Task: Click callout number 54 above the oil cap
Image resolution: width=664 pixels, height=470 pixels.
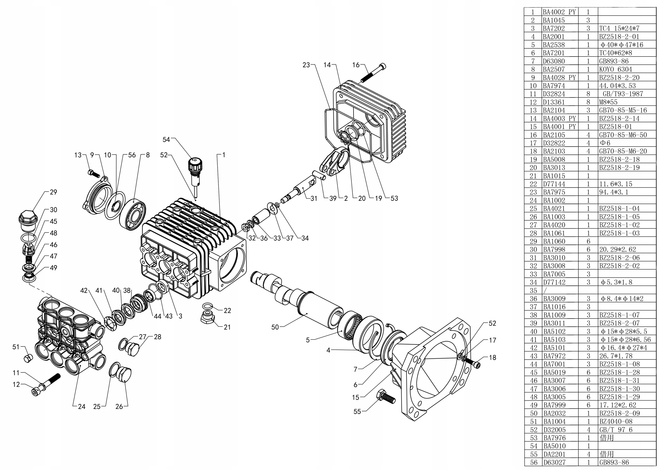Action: pos(166,140)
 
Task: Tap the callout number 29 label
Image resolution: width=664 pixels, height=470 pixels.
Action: pos(53,192)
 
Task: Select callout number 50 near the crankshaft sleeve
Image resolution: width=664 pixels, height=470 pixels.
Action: pos(275,327)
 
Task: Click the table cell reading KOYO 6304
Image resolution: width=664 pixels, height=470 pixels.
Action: pos(616,70)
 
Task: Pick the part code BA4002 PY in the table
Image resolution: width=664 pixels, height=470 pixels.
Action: pos(559,12)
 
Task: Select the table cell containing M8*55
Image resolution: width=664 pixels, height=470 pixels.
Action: pos(608,102)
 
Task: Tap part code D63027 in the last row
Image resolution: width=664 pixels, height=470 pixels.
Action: pos(554,462)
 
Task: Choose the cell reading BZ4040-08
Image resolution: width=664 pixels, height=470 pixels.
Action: pos(616,422)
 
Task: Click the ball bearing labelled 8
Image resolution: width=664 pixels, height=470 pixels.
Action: pos(133,215)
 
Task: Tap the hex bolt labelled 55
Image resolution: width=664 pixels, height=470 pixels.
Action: pos(385,397)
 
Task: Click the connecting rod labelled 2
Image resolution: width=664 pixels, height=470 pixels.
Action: pos(333,162)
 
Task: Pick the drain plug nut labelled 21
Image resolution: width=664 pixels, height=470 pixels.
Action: pos(208,318)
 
